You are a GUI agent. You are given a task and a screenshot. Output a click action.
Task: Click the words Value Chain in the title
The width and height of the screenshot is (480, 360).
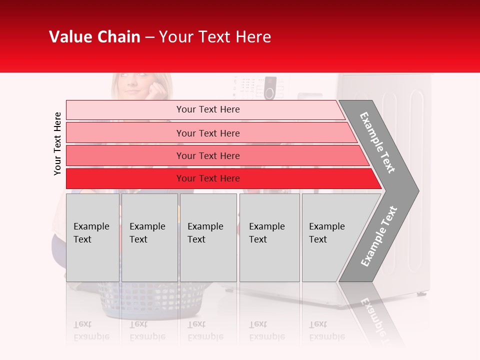(x=94, y=37)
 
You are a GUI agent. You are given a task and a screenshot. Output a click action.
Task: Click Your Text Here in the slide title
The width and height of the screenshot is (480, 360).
(x=215, y=37)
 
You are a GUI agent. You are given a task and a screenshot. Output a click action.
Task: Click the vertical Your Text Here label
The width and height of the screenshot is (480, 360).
(x=57, y=143)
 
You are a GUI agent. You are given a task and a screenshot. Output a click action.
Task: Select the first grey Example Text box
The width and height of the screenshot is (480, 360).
(x=92, y=237)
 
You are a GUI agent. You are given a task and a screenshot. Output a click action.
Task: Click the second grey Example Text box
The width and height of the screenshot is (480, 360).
(x=149, y=237)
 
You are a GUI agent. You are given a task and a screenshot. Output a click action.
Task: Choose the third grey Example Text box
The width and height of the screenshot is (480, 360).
(x=208, y=237)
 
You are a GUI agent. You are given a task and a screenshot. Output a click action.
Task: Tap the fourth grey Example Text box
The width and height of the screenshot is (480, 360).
(x=269, y=237)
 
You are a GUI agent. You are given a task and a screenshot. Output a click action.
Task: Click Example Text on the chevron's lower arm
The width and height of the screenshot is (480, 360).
(x=379, y=236)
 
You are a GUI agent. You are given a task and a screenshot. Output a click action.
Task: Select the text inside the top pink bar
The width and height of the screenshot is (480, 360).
(x=208, y=109)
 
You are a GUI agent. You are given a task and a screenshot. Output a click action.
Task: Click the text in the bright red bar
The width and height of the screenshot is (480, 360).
(x=208, y=178)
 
